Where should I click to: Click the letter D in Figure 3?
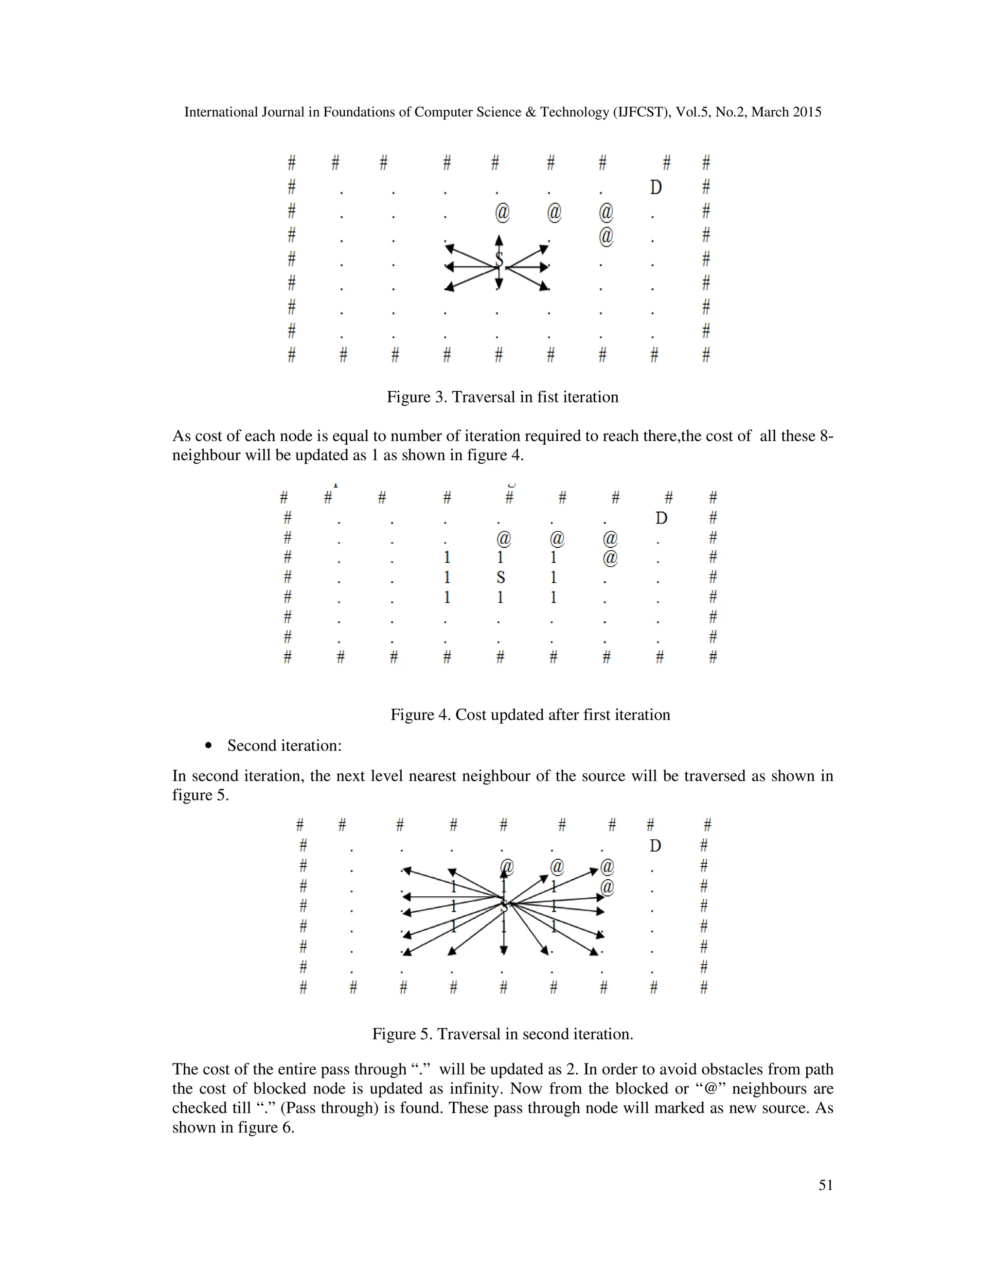656,188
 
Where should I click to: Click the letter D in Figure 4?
661,519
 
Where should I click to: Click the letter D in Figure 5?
655,846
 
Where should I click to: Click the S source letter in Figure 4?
500,577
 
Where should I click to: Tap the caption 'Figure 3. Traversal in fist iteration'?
502,397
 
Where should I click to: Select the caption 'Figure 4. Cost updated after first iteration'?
530,715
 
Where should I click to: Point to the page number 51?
825,1185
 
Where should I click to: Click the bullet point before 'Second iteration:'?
208,746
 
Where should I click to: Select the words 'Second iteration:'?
284,746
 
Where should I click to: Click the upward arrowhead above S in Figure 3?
499,240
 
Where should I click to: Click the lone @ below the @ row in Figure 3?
606,236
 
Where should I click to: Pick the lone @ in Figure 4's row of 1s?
610,557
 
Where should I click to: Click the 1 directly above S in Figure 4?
500,557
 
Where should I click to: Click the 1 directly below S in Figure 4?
500,597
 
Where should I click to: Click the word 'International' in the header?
221,112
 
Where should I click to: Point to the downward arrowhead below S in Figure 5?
503,950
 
